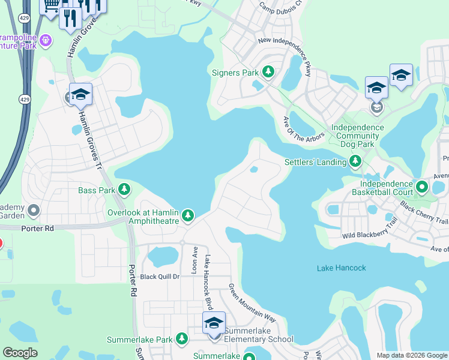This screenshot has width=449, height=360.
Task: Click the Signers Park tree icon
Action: [268, 73]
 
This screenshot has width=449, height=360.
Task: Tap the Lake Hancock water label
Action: [341, 268]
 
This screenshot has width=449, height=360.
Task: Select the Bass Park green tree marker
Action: [124, 190]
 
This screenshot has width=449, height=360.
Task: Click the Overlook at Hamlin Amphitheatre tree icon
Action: [188, 215]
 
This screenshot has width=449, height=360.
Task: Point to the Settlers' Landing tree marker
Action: [356, 161]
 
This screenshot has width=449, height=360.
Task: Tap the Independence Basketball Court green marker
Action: [421, 188]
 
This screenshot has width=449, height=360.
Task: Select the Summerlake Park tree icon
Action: [182, 340]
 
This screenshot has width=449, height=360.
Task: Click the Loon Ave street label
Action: [194, 257]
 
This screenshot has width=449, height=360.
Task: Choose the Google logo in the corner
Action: [20, 353]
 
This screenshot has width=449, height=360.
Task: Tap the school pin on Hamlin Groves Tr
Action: [80, 95]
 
